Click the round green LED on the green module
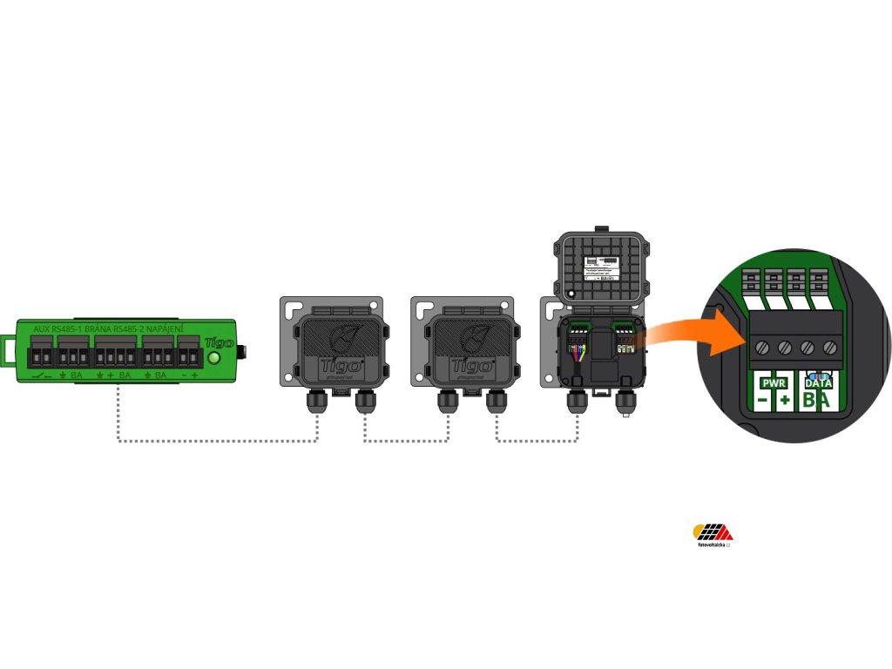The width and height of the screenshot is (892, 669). click(214, 357)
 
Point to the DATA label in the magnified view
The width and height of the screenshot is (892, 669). click(818, 382)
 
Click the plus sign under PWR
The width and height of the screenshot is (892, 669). click(785, 401)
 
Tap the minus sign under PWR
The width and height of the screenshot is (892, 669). click(762, 401)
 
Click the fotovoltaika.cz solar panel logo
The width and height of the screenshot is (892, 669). click(713, 532)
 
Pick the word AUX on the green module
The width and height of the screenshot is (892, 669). click(40, 329)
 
